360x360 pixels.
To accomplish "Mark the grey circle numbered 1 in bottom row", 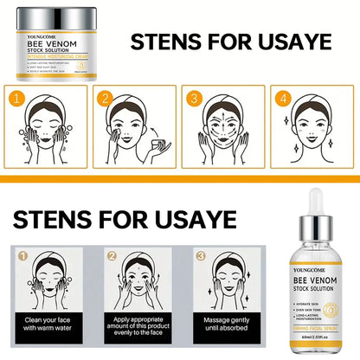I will pyautogui.click(x=24, y=256).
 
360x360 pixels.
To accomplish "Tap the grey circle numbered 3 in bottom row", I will pyautogui.click(x=201, y=256).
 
